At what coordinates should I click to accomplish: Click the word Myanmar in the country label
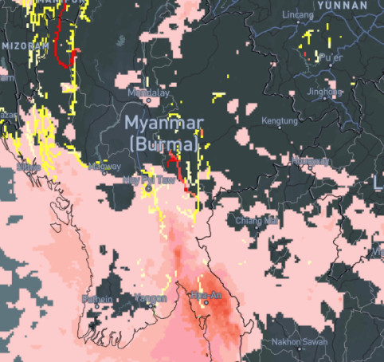pyautogui.click(x=163, y=124)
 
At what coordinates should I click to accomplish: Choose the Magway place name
pyautogui.click(x=104, y=167)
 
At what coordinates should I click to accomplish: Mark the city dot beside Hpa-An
pyautogui.click(x=205, y=303)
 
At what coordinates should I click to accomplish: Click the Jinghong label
pyautogui.click(x=324, y=92)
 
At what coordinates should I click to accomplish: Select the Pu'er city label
pyautogui.click(x=329, y=59)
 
